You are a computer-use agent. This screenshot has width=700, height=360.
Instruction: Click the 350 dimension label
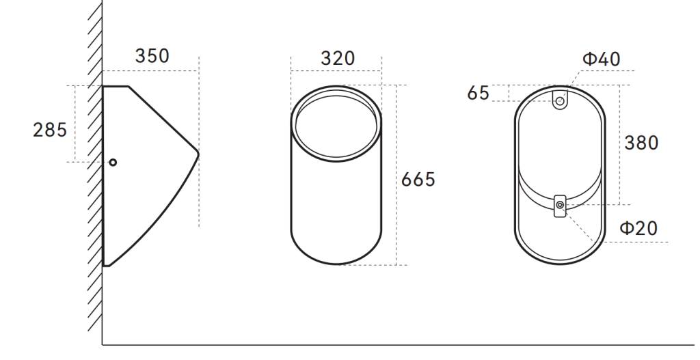click(152, 56)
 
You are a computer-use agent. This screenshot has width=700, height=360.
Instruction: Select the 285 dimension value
click(50, 130)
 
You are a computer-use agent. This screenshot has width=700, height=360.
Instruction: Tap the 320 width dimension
click(338, 59)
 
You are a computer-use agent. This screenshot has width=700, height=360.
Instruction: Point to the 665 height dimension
click(418, 180)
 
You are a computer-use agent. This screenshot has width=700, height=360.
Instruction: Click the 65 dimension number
click(478, 93)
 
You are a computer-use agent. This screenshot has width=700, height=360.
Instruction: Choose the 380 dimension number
click(641, 143)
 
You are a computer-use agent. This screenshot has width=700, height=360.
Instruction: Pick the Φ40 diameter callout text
click(602, 59)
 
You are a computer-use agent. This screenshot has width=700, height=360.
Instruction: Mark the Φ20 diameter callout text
click(639, 228)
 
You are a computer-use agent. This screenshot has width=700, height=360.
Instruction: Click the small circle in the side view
click(113, 163)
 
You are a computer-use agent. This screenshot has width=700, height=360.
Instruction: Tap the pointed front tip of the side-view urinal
click(198, 154)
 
